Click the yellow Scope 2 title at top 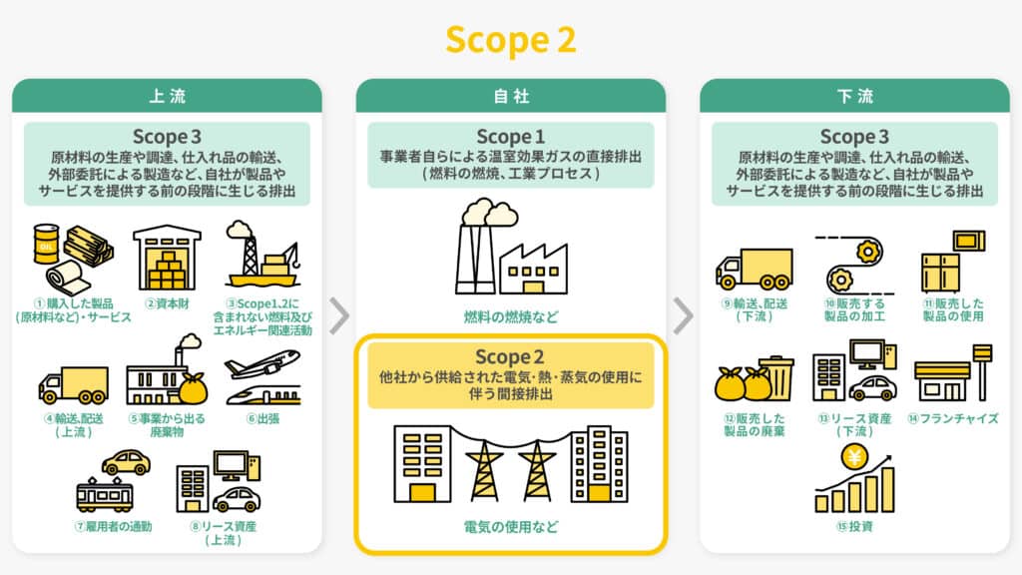point(510,39)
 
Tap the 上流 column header point(167,96)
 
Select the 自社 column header point(510,96)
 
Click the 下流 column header point(854,96)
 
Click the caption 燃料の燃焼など point(510,316)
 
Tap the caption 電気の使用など point(510,526)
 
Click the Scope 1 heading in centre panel point(510,137)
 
